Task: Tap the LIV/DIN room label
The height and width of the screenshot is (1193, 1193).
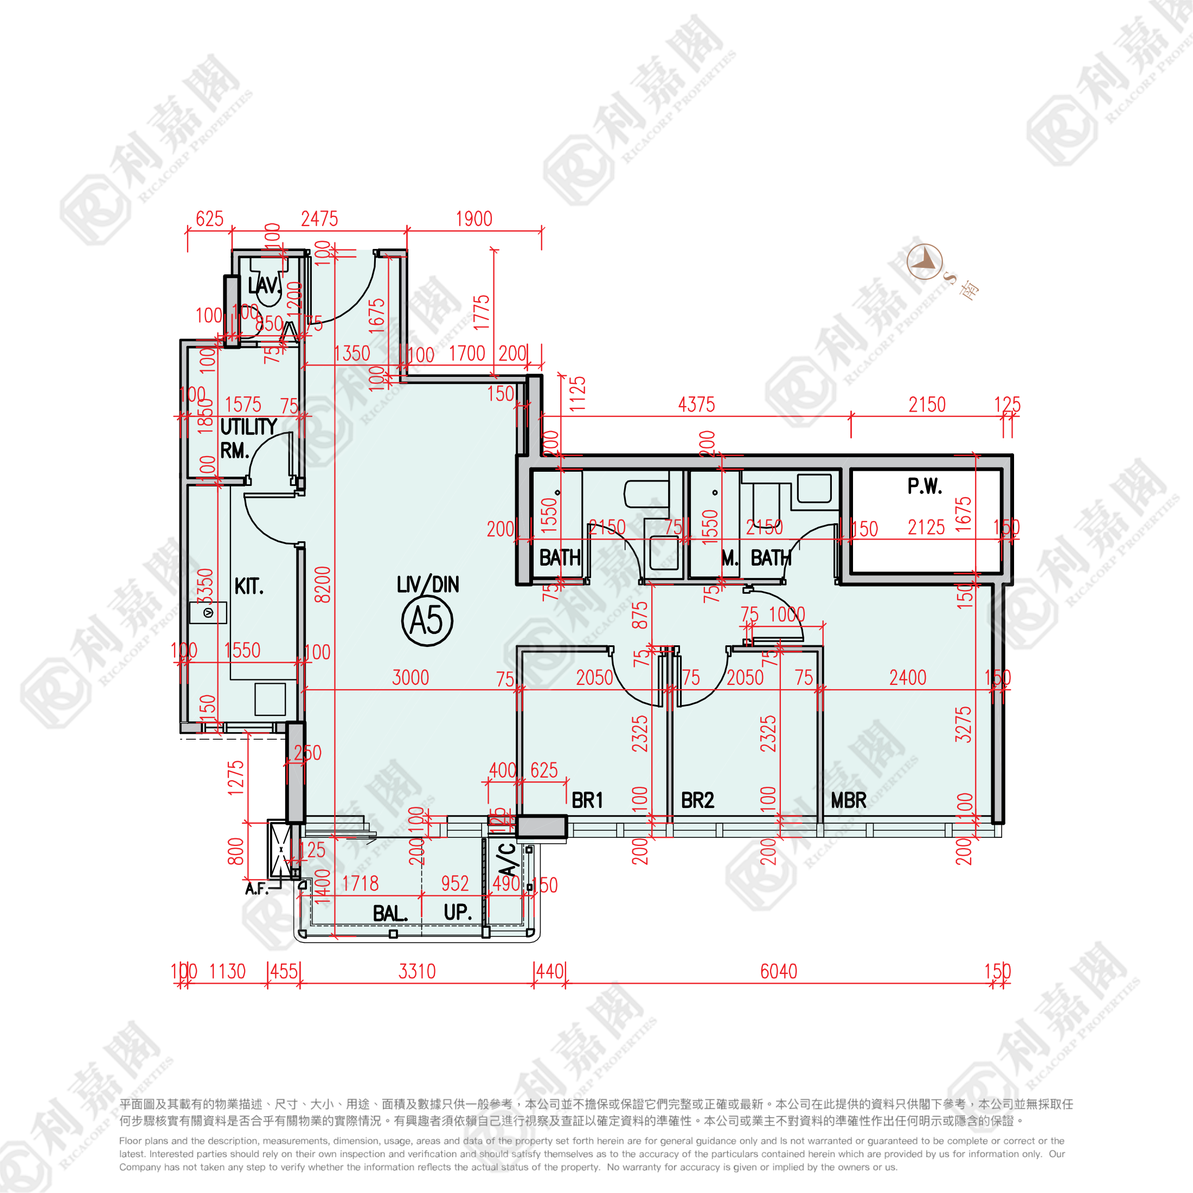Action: (427, 584)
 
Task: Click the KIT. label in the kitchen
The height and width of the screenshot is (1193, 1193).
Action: (249, 586)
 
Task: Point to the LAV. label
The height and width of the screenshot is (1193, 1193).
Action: (264, 285)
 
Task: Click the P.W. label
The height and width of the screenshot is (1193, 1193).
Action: (925, 486)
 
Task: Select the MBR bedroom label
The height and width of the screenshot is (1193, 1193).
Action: (849, 801)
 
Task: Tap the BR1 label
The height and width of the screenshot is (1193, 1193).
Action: (587, 801)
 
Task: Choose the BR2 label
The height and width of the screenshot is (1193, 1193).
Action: (697, 801)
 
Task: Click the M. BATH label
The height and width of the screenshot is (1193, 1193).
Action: (756, 558)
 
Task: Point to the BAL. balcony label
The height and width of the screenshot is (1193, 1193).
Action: (390, 913)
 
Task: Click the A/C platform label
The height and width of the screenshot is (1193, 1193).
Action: (507, 860)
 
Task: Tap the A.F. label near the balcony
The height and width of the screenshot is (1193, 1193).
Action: (256, 889)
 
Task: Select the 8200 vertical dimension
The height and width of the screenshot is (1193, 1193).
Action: (322, 584)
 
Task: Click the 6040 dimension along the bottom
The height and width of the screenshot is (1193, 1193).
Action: (778, 971)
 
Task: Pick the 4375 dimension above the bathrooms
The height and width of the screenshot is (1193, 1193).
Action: (696, 405)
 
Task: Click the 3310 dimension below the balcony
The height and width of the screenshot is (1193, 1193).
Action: (417, 971)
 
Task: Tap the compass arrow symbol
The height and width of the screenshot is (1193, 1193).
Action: (925, 261)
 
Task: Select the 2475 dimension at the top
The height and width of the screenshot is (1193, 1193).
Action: (319, 219)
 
